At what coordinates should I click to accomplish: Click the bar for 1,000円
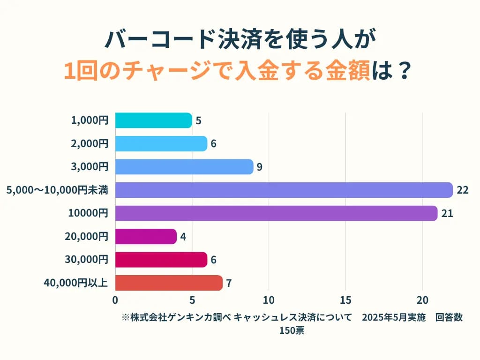pos(153,120)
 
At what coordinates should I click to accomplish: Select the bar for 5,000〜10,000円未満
pos(284,190)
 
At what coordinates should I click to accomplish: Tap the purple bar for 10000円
pos(276,213)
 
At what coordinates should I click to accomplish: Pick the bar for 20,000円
pos(146,236)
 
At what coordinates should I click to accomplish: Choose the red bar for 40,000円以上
pos(169,283)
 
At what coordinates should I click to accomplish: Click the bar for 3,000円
pos(184,167)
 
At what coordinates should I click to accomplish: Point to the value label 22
pos(462,190)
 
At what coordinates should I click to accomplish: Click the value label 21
pos(447,213)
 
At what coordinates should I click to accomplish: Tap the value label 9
pos(259,167)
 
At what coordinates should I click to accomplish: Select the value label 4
pos(183,237)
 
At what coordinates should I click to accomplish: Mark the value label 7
pos(229,283)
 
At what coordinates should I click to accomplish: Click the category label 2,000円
pos(90,144)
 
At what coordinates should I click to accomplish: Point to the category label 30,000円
pos(87,260)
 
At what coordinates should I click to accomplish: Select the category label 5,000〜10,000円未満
pos(57,190)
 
